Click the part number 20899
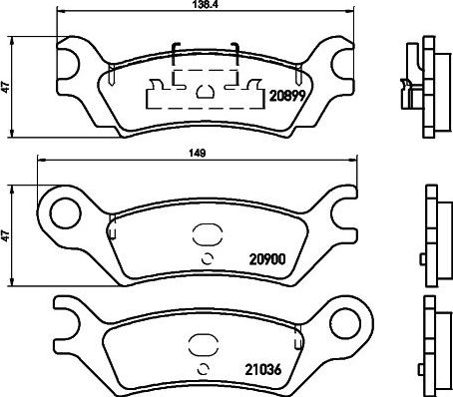point(287,96)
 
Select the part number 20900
point(267,259)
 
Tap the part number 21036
point(263,369)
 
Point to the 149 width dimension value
point(198,153)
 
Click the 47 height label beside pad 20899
point(6,88)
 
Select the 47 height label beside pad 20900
point(6,235)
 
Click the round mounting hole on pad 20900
point(66,213)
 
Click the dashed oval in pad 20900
point(208,234)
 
